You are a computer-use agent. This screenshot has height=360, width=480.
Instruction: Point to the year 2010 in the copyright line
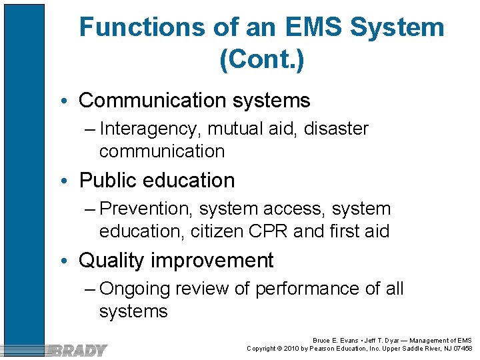tap(294, 348)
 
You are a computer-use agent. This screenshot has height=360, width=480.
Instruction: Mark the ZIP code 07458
tap(461, 348)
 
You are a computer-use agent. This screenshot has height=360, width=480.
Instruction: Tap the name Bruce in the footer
tap(323, 340)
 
